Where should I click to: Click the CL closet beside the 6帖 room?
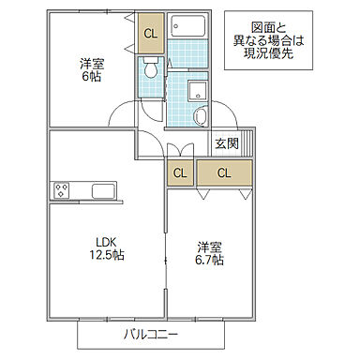tap(150, 36)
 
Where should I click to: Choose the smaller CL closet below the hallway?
tap(179, 172)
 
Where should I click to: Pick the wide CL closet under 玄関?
tap(226, 172)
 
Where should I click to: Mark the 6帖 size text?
tap(90, 77)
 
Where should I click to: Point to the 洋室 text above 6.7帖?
tap(209, 246)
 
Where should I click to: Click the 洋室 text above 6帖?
tap(90, 63)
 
